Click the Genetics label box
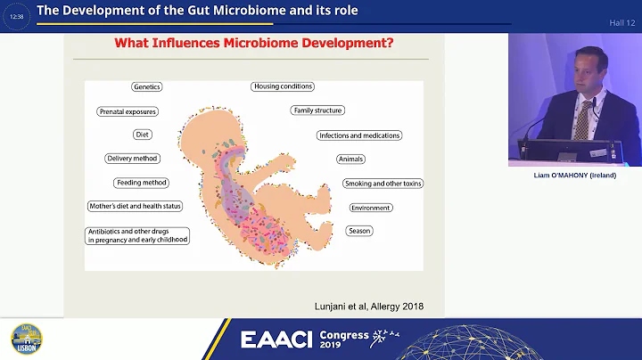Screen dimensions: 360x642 pyautogui.click(x=146, y=87)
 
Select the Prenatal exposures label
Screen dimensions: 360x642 pyautogui.click(x=128, y=111)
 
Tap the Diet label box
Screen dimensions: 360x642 pyautogui.click(x=142, y=135)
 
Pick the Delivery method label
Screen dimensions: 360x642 pyautogui.click(x=133, y=159)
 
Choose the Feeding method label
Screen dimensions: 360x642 pyautogui.click(x=142, y=183)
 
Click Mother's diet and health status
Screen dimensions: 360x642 pyautogui.click(x=135, y=207)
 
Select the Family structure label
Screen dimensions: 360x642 pyautogui.click(x=317, y=110)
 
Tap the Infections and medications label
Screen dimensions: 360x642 pyautogui.click(x=359, y=135)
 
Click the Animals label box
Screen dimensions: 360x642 pyautogui.click(x=350, y=159)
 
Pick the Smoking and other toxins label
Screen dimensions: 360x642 pyautogui.click(x=383, y=184)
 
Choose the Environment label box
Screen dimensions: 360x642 pyautogui.click(x=370, y=208)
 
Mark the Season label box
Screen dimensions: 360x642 pyautogui.click(x=359, y=231)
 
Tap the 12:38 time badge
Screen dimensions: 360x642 pyautogui.click(x=15, y=16)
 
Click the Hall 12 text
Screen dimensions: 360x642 pyautogui.click(x=621, y=22)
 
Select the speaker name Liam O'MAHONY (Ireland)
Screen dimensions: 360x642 pyautogui.click(x=574, y=176)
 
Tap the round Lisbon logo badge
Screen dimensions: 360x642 pyautogui.click(x=27, y=340)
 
